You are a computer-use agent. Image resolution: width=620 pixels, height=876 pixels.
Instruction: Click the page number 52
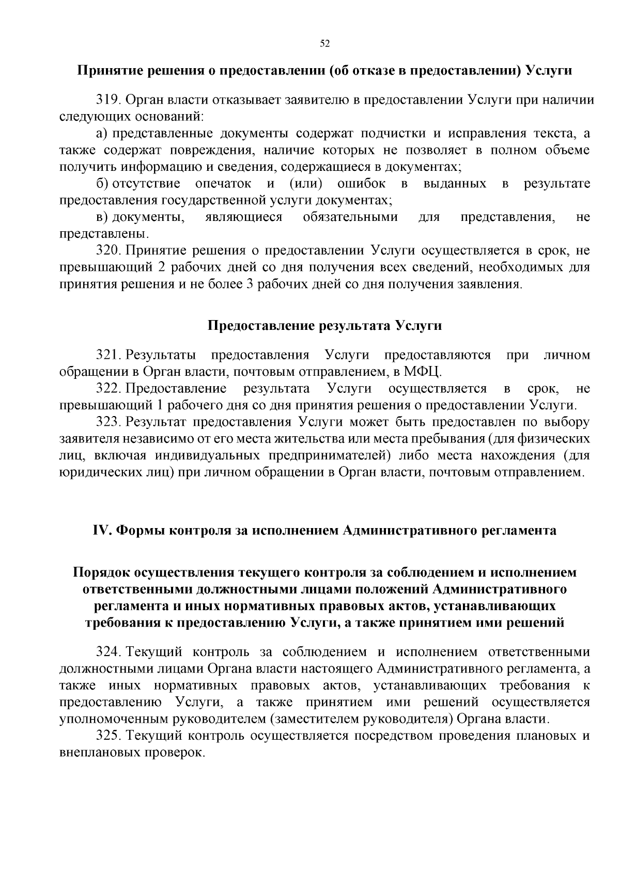tap(325, 43)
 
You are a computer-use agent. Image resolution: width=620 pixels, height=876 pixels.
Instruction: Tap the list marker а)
tap(101, 134)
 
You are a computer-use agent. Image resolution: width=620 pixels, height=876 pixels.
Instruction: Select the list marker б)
tap(101, 184)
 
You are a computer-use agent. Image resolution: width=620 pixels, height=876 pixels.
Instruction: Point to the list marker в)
tap(101, 217)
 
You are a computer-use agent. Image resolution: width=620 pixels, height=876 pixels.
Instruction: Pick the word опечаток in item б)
tap(224, 184)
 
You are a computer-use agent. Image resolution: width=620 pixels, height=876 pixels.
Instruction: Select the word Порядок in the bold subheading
tap(101, 573)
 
